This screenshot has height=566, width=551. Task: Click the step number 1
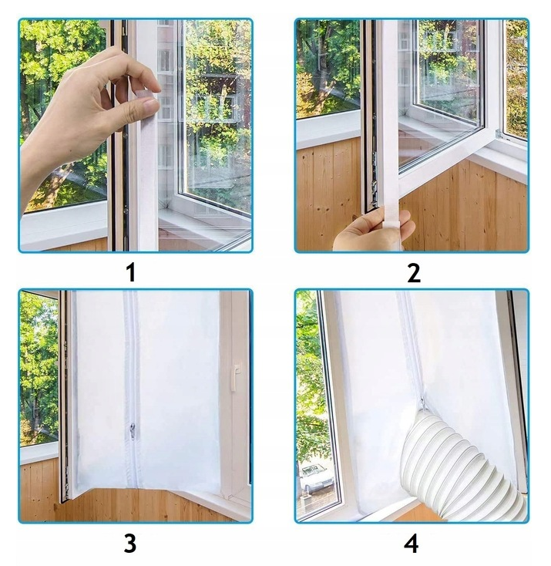(132, 272)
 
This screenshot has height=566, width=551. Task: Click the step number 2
(414, 272)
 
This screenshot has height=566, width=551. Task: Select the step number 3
(130, 544)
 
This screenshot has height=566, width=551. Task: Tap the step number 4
(412, 544)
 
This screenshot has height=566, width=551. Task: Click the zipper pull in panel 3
(133, 431)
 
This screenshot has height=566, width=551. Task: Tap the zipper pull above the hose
(422, 403)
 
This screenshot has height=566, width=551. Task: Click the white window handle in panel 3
(234, 378)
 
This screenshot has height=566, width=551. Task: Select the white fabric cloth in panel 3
(148, 390)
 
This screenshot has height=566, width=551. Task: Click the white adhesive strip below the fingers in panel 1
(149, 180)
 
